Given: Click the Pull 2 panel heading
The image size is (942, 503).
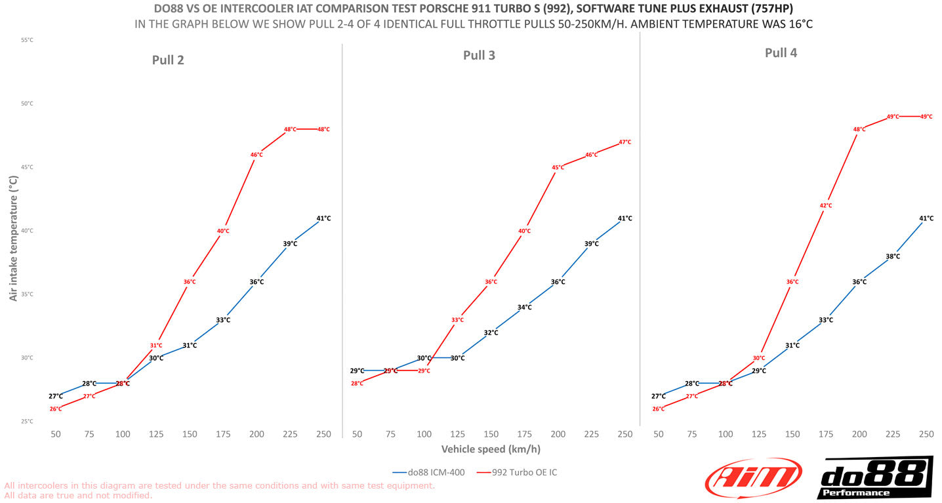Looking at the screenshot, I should click(168, 60).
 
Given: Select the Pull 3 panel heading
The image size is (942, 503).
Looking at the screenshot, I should click(479, 55).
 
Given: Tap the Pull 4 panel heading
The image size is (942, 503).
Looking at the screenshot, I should click(781, 53).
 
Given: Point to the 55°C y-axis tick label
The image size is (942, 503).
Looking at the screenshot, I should click(27, 40).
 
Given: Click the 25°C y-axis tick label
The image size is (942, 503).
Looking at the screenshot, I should click(27, 422).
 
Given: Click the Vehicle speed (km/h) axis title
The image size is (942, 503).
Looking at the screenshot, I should click(491, 449).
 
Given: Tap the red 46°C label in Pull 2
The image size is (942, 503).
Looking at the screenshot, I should click(256, 155).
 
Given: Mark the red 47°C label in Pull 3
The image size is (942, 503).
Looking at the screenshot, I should click(625, 142).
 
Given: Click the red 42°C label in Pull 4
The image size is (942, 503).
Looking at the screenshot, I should click(826, 206).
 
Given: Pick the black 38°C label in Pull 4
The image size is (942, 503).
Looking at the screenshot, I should click(893, 256).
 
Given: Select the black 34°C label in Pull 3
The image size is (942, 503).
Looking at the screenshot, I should click(525, 307).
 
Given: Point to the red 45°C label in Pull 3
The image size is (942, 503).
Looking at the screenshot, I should click(558, 168).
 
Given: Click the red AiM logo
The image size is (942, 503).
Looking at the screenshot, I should click(753, 478).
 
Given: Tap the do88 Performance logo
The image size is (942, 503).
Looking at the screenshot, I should click(874, 478).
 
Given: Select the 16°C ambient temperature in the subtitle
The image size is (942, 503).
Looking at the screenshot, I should click(799, 24).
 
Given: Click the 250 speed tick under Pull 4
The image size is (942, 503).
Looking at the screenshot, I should click(926, 434).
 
